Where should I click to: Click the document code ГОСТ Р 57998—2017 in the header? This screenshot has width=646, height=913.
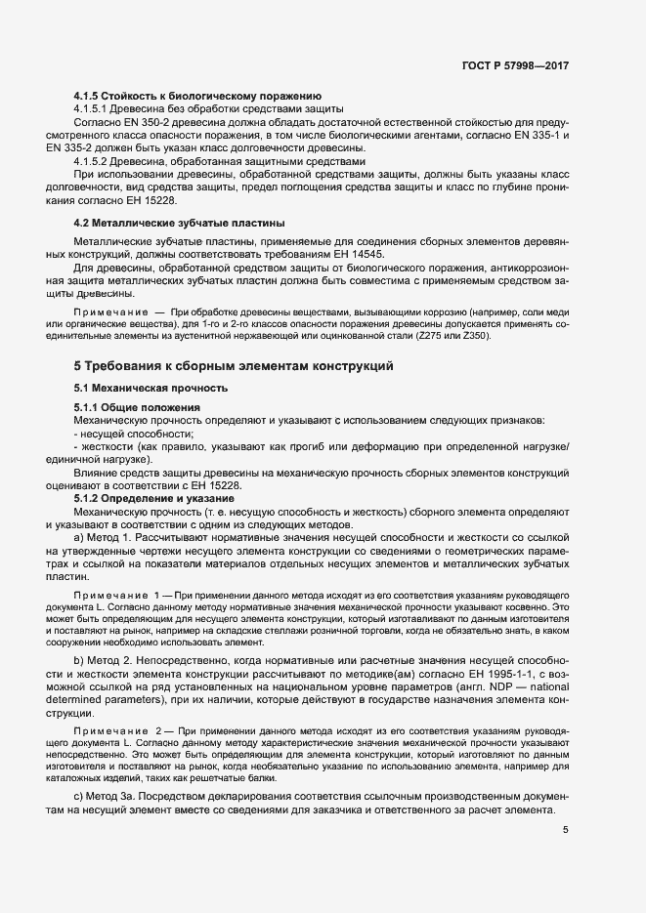515,65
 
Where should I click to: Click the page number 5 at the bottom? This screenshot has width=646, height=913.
566,830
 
